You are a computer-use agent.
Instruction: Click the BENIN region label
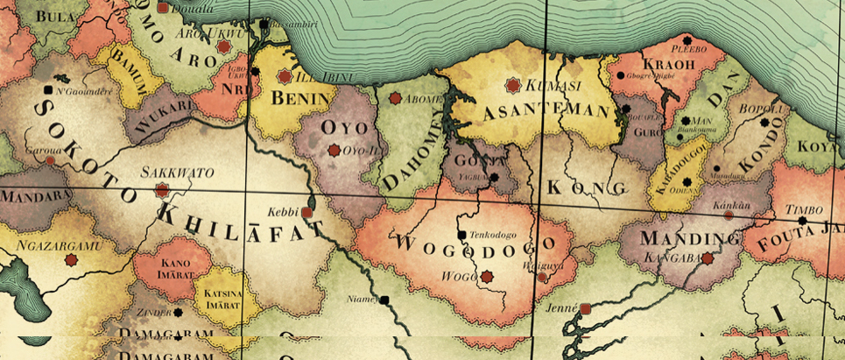(299, 99)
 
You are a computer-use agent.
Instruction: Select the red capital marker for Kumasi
(512, 85)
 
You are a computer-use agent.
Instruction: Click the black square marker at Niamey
(384, 300)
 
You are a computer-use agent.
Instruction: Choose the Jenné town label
(561, 308)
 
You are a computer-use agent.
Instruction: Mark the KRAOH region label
(668, 65)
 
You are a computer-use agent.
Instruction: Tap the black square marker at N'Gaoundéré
(47, 90)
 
